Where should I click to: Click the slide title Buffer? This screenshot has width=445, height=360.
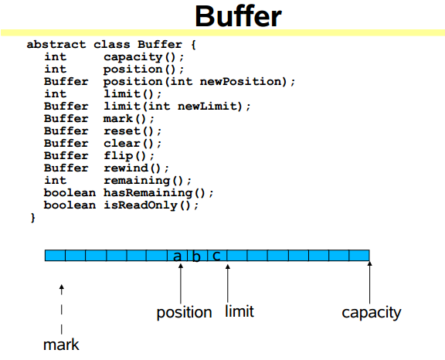238,16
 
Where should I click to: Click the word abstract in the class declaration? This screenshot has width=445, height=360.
56,45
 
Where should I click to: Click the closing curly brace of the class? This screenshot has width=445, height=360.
33,218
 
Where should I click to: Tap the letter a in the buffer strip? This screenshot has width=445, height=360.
177,256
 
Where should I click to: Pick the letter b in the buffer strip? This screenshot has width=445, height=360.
196,256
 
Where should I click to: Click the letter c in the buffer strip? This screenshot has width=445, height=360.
216,256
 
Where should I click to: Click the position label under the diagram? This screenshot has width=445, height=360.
184,312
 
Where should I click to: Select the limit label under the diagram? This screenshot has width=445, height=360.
239,311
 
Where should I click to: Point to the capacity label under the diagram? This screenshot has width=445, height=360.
371,313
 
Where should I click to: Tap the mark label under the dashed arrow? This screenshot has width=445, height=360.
61,345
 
